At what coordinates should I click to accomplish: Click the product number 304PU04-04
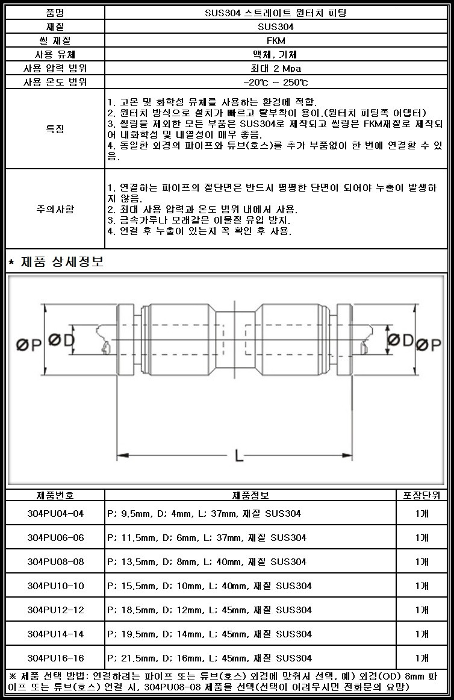[55, 513]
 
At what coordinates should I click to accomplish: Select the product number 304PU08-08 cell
[55, 561]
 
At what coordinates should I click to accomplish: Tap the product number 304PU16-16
[55, 658]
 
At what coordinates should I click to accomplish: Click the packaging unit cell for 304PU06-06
[422, 537]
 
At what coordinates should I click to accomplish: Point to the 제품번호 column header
[55, 495]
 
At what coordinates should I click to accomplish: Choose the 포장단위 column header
[422, 495]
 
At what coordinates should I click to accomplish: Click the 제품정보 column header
[250, 495]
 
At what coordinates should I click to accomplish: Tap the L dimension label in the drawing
[239, 456]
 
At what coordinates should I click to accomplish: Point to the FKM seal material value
[276, 40]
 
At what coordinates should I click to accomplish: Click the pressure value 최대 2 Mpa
[276, 68]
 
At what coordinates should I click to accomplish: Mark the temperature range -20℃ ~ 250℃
[276, 82]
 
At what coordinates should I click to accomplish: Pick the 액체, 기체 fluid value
[276, 54]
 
